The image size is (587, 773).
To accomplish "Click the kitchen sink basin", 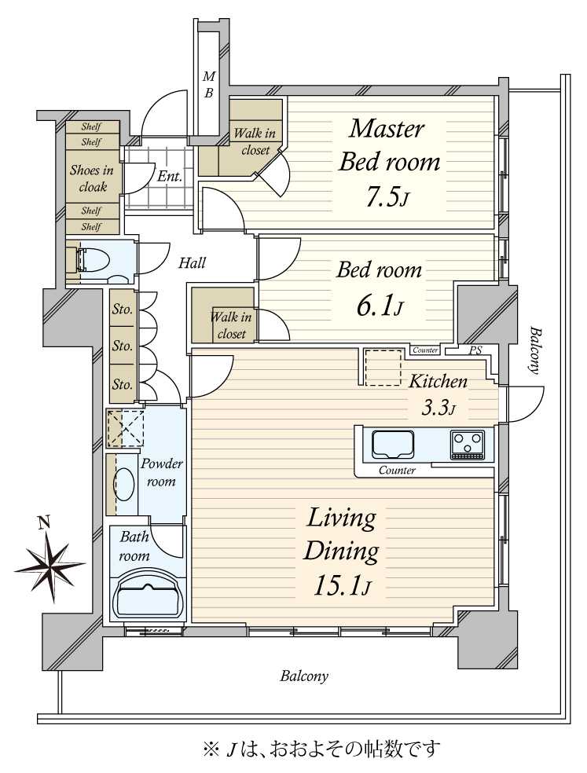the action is coord(393,444).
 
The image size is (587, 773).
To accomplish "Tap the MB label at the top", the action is coord(209,84).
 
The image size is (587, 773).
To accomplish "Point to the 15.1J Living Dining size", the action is coord(342,587).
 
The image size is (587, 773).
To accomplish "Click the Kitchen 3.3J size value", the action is coord(438,408).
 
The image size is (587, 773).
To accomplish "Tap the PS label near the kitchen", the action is coord(475,350).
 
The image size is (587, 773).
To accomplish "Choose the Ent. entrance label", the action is coord(170,176).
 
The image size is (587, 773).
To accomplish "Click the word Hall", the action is coord(192,262).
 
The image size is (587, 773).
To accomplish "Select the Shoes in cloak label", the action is coord(92,178).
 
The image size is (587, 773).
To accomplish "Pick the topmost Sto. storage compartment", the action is coord(122,310).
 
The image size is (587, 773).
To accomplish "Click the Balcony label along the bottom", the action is coord(304,676).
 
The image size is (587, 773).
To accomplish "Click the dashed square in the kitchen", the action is coord(383,368).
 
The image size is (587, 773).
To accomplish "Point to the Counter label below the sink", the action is coord(397,471).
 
